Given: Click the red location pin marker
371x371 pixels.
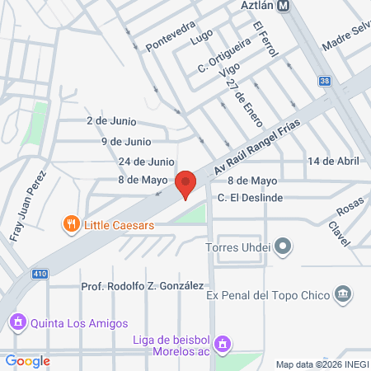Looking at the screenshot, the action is pos(186,184).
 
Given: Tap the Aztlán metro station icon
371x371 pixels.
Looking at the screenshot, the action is pos(284,5).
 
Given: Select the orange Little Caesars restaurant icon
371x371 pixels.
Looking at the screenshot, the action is pos(73,223).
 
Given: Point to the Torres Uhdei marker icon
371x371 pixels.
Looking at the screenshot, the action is pos(284,246).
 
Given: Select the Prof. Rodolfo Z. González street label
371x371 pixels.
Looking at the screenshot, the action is pos(142,285).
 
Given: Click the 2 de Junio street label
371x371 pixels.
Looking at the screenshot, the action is pos(107,120).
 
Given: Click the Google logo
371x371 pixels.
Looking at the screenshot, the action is pos(28,360).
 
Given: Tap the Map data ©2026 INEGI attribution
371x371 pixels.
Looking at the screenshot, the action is pos(321,364).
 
